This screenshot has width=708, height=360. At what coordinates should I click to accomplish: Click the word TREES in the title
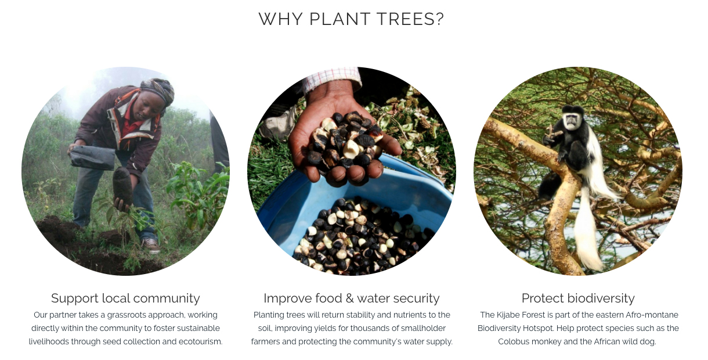pyautogui.click(x=406, y=19)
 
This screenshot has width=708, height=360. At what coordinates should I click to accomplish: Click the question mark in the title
pyautogui.click(x=440, y=19)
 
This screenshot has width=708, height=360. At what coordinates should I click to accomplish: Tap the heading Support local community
pyautogui.click(x=125, y=298)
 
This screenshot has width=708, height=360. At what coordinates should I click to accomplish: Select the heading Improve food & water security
pyautogui.click(x=352, y=298)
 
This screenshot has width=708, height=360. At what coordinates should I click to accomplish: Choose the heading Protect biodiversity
pyautogui.click(x=578, y=298)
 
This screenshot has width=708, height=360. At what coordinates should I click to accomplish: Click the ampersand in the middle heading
pyautogui.click(x=349, y=298)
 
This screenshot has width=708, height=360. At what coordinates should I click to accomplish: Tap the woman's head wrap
pyautogui.click(x=158, y=89)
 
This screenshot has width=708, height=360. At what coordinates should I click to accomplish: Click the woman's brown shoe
pyautogui.click(x=151, y=246)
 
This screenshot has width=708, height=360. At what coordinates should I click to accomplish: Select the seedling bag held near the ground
pyautogui.click(x=122, y=186)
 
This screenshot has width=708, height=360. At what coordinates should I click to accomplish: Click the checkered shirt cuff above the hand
pyautogui.click(x=331, y=80)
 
